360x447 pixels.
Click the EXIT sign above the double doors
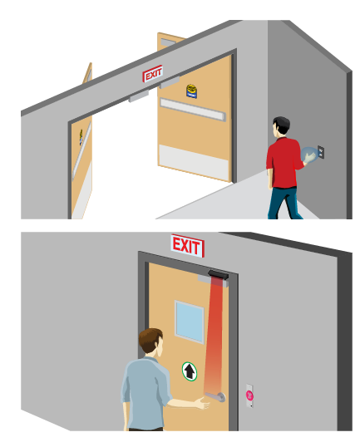[x=153, y=74]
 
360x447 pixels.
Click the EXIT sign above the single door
[x=187, y=246]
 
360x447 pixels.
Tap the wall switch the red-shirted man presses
[x=321, y=152]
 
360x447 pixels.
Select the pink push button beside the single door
[x=249, y=395]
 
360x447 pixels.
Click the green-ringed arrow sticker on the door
[x=190, y=371]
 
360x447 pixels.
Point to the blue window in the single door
[x=189, y=322]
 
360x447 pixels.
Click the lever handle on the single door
[x=215, y=396]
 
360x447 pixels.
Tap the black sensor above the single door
[x=218, y=275]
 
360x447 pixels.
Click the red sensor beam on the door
[x=214, y=336]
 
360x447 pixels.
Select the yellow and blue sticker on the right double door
[x=192, y=91]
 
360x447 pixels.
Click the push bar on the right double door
[x=193, y=110]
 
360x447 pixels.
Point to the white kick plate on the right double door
[x=194, y=162]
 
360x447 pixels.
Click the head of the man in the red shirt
[x=281, y=125]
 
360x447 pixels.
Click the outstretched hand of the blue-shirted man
[x=202, y=403]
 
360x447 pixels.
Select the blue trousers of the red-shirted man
[x=284, y=203]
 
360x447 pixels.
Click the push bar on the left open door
[x=81, y=150]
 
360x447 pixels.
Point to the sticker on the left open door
[x=81, y=137]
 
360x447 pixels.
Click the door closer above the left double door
[x=139, y=96]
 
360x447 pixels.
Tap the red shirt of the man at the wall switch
[x=284, y=163]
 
